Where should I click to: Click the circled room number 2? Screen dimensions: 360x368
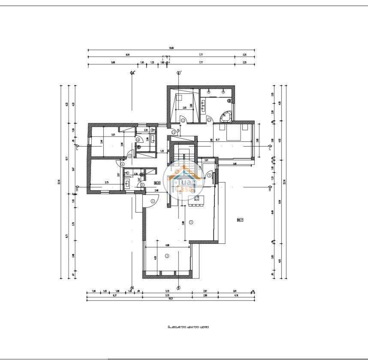(167, 256)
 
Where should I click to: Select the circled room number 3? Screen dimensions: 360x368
(191, 222)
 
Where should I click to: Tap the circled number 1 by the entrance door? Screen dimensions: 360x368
(153, 201)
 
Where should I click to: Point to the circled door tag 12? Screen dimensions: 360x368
(182, 121)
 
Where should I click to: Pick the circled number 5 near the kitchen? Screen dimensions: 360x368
(209, 175)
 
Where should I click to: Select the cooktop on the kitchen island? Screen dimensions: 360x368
(198, 198)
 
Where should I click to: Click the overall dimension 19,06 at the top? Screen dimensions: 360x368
(171, 48)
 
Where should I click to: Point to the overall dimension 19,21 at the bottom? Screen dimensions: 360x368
(171, 299)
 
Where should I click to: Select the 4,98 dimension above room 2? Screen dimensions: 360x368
(167, 246)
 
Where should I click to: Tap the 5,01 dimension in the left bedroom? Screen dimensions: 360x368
(113, 135)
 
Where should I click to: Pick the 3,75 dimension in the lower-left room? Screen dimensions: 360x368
(107, 183)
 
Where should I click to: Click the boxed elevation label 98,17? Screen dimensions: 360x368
(240, 220)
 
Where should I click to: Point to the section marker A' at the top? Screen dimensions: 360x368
(133, 73)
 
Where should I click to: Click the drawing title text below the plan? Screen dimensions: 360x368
(189, 327)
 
